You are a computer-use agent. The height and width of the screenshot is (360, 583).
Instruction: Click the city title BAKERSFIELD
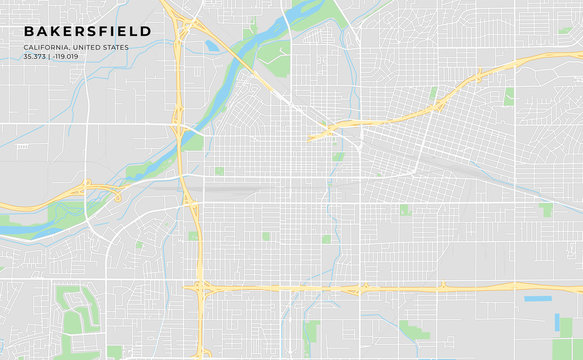click(88, 31)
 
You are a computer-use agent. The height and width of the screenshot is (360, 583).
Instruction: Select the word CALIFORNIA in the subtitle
click(47, 47)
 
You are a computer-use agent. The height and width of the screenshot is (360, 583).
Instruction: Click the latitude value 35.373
click(35, 56)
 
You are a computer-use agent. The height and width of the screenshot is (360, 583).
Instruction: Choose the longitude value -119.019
click(67, 56)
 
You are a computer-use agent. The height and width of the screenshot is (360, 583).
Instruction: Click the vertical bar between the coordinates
click(50, 56)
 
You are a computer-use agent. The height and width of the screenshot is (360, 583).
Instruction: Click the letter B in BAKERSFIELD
click(28, 31)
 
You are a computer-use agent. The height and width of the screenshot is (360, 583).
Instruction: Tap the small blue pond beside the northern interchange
click(211, 45)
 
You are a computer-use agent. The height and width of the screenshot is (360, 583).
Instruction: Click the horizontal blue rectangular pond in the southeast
click(537, 298)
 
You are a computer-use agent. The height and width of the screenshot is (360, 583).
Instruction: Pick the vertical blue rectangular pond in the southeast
click(556, 322)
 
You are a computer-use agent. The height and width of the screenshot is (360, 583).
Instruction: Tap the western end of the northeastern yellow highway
click(318, 133)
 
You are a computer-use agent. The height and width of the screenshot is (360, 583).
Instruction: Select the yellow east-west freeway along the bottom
click(400, 289)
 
